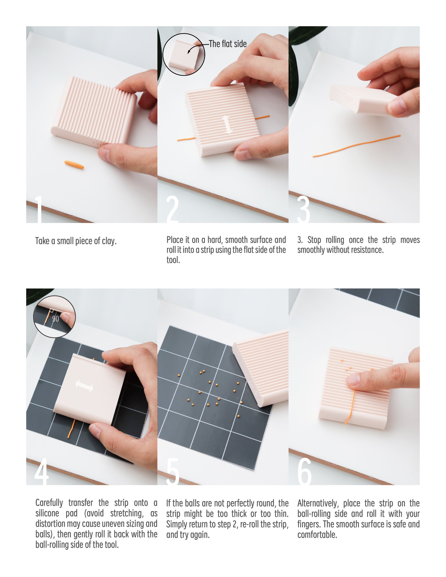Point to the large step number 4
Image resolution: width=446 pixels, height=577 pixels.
tap(41, 472)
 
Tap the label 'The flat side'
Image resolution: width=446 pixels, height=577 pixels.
tap(228, 44)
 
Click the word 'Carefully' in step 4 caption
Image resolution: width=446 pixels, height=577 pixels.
tap(49, 503)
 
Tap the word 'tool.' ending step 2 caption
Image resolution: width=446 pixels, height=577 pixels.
tap(173, 260)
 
